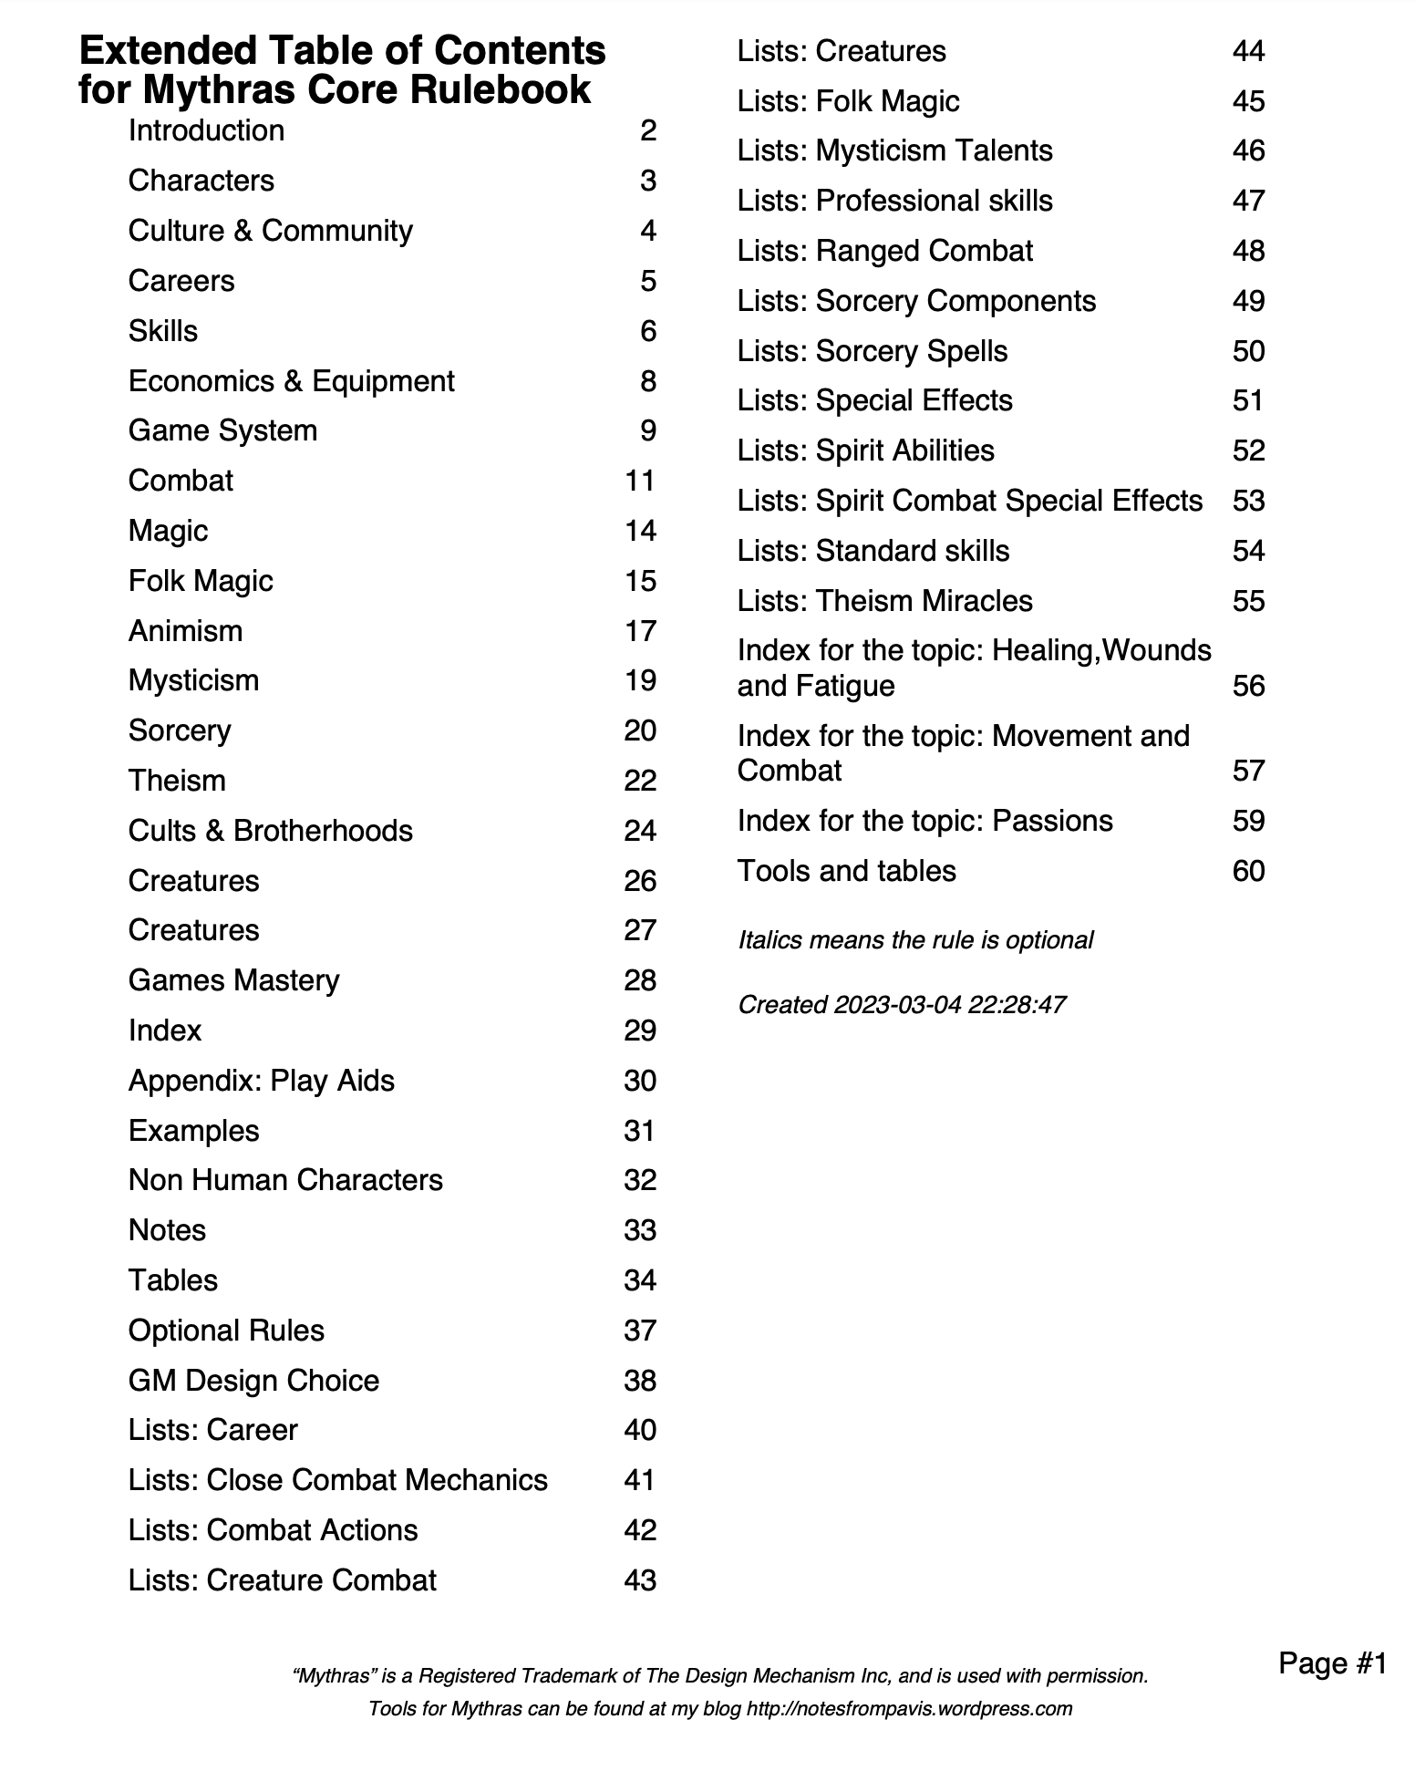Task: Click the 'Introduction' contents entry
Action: coord(206,131)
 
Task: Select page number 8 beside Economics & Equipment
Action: coord(647,381)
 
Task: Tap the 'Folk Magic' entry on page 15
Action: coord(201,581)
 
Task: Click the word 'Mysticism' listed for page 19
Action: coord(193,680)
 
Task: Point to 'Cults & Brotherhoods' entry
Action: coord(270,831)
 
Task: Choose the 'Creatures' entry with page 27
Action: coord(193,930)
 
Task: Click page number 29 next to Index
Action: coord(640,1030)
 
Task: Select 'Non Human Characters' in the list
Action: coord(285,1180)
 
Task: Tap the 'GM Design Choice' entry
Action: coord(253,1381)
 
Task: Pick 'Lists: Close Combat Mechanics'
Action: coord(337,1480)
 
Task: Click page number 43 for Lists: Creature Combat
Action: coord(640,1580)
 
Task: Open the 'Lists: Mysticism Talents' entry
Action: coord(894,150)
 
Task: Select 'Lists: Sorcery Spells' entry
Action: coord(873,351)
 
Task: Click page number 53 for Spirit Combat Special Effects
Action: coord(1248,501)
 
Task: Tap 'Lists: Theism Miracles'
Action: coord(884,601)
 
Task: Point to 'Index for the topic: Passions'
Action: coord(924,821)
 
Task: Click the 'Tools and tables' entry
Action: coord(846,871)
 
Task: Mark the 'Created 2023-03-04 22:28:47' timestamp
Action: coord(902,1005)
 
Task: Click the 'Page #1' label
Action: coord(1332,1663)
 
